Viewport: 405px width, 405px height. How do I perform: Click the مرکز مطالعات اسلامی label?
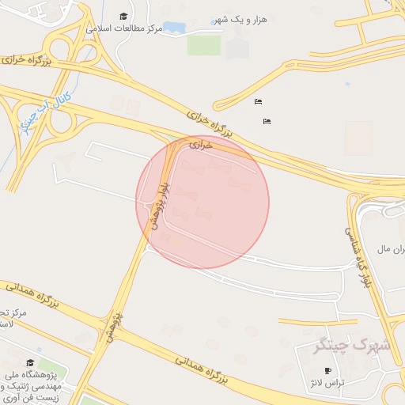126,28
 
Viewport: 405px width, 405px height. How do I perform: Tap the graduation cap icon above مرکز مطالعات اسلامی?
123,16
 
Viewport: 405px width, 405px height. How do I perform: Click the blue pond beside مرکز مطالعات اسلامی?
174,28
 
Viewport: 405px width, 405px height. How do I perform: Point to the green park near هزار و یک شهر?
204,45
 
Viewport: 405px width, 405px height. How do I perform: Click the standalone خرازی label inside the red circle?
202,146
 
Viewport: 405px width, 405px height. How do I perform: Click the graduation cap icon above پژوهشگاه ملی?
30,362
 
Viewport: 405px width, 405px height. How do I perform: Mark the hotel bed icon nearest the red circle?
267,121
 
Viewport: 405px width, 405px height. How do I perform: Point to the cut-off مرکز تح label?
13,313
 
